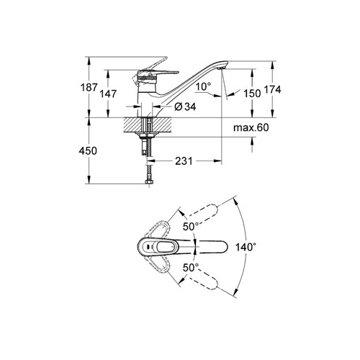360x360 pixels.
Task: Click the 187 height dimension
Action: click(89, 88)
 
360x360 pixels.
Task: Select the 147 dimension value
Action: click(109, 94)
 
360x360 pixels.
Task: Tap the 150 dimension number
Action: click(252, 94)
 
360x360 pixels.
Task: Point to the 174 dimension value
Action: click(272, 89)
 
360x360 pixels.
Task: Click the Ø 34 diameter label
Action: click(185, 107)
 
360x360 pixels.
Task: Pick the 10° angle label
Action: click(203, 86)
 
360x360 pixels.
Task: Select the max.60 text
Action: click(251, 127)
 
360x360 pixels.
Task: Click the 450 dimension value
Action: click(88, 150)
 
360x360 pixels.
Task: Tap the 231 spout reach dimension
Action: click(184, 161)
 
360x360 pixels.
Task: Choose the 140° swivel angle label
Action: click(244, 247)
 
